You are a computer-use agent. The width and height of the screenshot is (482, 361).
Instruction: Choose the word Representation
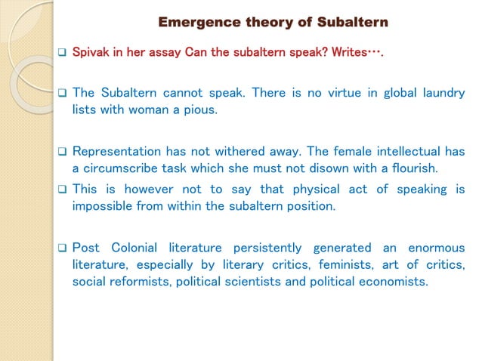coord(117,150)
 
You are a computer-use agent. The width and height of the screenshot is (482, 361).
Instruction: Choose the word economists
coord(394,282)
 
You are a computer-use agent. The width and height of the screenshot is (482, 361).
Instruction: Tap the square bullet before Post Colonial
coord(63,248)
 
